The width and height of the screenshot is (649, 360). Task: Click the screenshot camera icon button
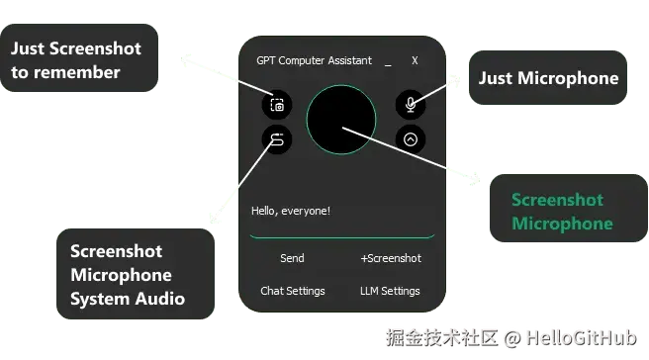click(x=277, y=105)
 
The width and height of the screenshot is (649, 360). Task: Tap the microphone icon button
click(x=411, y=104)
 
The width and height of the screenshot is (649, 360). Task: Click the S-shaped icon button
click(x=277, y=139)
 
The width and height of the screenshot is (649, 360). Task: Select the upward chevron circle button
click(x=411, y=139)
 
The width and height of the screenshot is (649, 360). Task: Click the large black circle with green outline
click(x=341, y=120)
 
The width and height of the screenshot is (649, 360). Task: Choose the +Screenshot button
click(x=391, y=258)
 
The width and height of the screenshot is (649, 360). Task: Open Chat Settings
click(x=293, y=291)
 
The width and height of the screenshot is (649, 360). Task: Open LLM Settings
click(x=390, y=291)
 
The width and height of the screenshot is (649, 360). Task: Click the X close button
click(x=415, y=60)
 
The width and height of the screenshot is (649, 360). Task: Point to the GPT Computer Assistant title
click(x=315, y=61)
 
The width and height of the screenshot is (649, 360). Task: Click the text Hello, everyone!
click(x=291, y=211)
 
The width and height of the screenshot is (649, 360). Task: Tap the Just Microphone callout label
click(x=548, y=78)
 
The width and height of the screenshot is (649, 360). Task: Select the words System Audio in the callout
click(x=128, y=299)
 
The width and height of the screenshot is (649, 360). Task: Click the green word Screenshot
click(x=557, y=200)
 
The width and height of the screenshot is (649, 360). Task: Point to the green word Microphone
click(x=562, y=224)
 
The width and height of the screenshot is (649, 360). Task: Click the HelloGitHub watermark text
click(x=582, y=338)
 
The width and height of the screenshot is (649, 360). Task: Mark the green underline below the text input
click(x=342, y=237)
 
